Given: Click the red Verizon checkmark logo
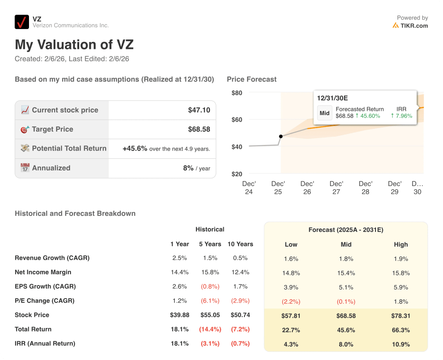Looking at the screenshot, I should click(x=22, y=22).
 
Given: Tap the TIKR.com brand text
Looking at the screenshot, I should click(x=414, y=26).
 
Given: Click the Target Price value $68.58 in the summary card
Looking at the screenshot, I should click(x=199, y=129).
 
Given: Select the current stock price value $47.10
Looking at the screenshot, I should click(x=199, y=110).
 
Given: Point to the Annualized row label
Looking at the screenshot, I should click(x=51, y=168).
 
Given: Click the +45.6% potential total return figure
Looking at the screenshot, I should click(x=135, y=148).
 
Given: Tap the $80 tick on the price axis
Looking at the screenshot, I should click(x=237, y=93).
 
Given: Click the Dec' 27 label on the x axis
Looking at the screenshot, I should click(x=336, y=187).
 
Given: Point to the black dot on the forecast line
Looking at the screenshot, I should click(x=281, y=136).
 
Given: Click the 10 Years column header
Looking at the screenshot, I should click(x=240, y=244).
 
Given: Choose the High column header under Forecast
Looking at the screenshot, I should click(x=401, y=244).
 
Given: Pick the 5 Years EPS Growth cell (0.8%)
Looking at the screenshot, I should click(x=210, y=286).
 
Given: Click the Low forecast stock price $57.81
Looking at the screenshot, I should click(x=291, y=316).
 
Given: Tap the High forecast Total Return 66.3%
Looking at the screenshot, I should click(x=401, y=330).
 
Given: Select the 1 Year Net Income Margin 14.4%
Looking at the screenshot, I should click(x=180, y=272).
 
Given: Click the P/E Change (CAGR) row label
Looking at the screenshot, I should click(x=45, y=301).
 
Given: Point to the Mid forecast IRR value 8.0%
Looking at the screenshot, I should click(x=346, y=344).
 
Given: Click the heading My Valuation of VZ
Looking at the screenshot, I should click(x=74, y=45).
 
